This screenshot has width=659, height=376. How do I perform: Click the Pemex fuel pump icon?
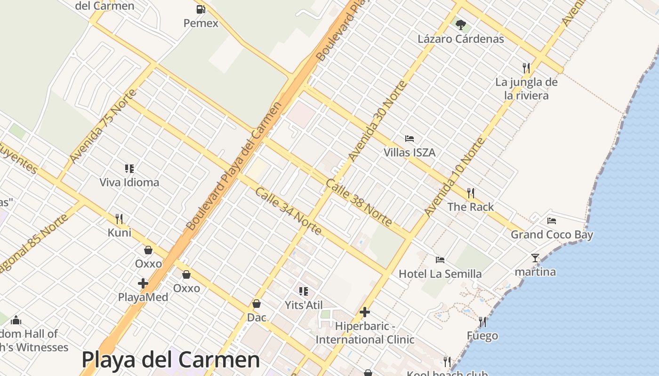[201, 9]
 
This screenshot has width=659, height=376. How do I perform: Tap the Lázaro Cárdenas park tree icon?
[461, 25]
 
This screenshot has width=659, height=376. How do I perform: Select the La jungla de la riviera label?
[526, 89]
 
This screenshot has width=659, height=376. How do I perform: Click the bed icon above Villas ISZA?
[410, 139]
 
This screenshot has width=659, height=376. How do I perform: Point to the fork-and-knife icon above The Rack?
[470, 193]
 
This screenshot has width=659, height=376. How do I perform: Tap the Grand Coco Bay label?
[552, 235]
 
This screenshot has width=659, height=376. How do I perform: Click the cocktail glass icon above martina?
[535, 258]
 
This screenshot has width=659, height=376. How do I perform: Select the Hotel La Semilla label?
[440, 274]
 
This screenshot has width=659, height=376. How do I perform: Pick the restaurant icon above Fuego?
[482, 322]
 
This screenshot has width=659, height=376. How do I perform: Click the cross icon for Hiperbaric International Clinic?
[365, 312]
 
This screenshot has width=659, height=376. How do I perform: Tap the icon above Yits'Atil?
[304, 291]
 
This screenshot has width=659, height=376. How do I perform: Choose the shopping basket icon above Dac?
[257, 304]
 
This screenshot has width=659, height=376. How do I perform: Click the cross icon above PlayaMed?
[143, 283]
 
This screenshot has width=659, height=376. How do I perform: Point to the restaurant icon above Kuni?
[119, 219]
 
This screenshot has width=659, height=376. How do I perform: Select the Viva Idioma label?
[129, 182]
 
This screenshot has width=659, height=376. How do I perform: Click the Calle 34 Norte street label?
[288, 211]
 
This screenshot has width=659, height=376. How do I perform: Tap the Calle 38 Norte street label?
[358, 202]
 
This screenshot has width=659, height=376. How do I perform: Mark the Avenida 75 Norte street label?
[103, 126]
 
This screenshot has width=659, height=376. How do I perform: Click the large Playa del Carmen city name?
[170, 360]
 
